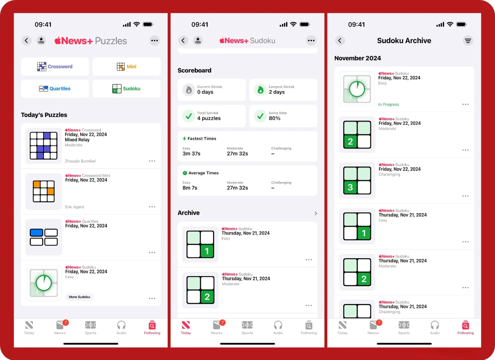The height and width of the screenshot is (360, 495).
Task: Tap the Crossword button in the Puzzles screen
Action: click(x=55, y=66)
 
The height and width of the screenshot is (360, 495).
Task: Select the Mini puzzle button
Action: click(x=126, y=66)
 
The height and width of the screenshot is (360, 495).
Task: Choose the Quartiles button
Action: click(x=55, y=89)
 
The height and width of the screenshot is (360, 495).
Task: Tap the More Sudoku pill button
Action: click(x=80, y=297)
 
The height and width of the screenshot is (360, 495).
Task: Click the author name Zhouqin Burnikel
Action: click(x=80, y=161)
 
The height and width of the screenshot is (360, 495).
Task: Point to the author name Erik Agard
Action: click(x=75, y=207)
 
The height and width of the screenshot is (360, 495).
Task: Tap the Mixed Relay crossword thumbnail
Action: click(x=44, y=145)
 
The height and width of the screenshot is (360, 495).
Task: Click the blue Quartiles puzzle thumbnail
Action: click(x=44, y=237)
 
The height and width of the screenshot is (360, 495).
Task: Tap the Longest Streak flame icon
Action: click(x=260, y=90)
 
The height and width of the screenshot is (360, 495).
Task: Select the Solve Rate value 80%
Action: click(x=275, y=118)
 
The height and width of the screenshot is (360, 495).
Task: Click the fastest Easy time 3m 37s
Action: click(x=191, y=154)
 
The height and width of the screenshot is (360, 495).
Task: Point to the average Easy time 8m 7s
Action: click(x=190, y=188)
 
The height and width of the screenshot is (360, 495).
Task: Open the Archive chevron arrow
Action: click(x=316, y=213)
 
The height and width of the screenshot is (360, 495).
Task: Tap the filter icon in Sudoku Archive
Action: click(x=468, y=41)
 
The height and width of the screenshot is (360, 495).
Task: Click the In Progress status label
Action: click(x=389, y=105)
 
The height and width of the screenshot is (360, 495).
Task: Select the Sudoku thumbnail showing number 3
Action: click(x=357, y=180)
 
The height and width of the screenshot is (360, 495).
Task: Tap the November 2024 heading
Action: click(x=357, y=58)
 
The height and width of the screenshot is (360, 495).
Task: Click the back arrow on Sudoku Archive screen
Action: click(x=340, y=40)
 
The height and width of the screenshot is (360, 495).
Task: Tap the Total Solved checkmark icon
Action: click(x=189, y=116)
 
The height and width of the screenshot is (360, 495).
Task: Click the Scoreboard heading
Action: click(x=194, y=71)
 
